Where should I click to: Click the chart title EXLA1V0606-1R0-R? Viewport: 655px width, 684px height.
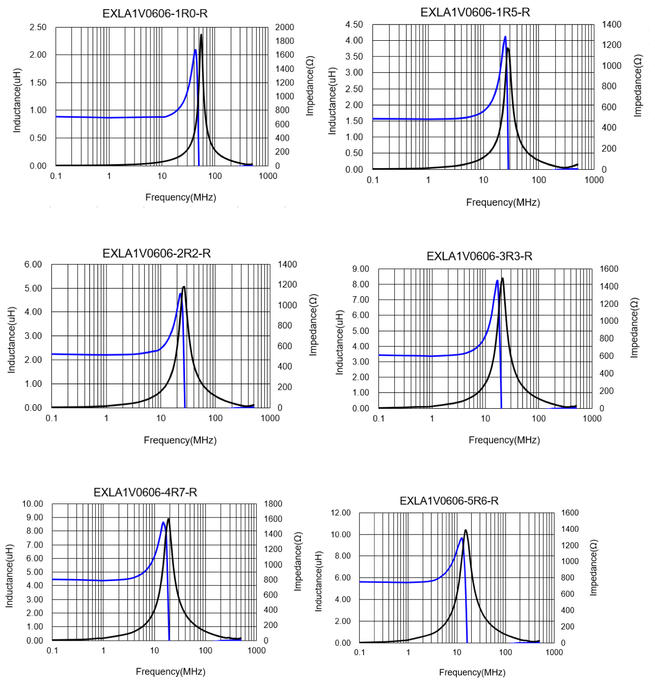click(x=155, y=14)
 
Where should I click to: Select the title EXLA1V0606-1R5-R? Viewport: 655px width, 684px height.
click(x=475, y=12)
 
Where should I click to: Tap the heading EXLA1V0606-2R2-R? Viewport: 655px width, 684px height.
click(x=156, y=253)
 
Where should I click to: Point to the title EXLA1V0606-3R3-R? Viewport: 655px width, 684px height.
click(x=479, y=256)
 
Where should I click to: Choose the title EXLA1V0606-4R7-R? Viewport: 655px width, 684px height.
click(x=145, y=492)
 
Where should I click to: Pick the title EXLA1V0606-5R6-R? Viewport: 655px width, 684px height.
click(x=449, y=501)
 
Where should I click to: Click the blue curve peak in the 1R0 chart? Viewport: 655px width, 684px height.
click(x=195, y=50)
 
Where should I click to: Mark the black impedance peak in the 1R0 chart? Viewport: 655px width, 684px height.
click(x=201, y=35)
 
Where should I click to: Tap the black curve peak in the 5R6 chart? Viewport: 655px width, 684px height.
click(x=465, y=531)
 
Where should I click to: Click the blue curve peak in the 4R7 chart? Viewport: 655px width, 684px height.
click(x=163, y=522)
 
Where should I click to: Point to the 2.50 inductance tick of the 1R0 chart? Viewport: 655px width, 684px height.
click(x=38, y=27)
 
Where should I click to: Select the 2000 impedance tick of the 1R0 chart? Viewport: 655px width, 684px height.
click(x=284, y=27)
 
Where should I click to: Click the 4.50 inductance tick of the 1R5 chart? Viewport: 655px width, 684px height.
click(x=354, y=24)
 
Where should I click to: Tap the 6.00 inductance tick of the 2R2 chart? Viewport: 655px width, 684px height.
click(x=33, y=264)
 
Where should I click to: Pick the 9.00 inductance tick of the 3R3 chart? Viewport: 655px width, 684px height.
click(x=361, y=269)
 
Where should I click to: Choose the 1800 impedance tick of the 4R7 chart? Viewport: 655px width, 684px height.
click(x=272, y=504)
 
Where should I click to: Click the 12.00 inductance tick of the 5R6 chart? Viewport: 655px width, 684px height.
click(x=341, y=512)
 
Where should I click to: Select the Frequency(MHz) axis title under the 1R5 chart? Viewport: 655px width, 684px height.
click(x=503, y=202)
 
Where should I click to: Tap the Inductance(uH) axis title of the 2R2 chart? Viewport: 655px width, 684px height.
click(x=12, y=340)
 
